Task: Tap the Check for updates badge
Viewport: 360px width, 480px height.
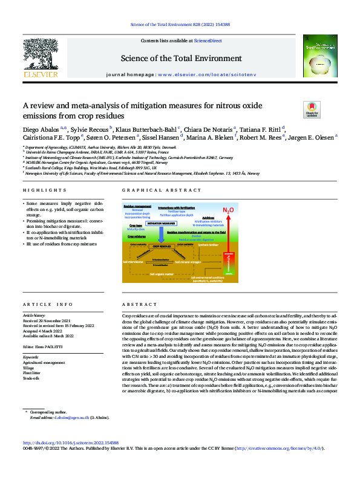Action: click(x=294, y=109)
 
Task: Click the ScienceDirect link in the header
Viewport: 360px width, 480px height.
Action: click(x=207, y=40)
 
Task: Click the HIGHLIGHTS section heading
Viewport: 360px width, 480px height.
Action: click(x=40, y=190)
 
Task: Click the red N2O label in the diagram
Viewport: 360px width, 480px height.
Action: click(x=228, y=210)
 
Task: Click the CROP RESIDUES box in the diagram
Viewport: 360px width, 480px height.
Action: click(x=162, y=247)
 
